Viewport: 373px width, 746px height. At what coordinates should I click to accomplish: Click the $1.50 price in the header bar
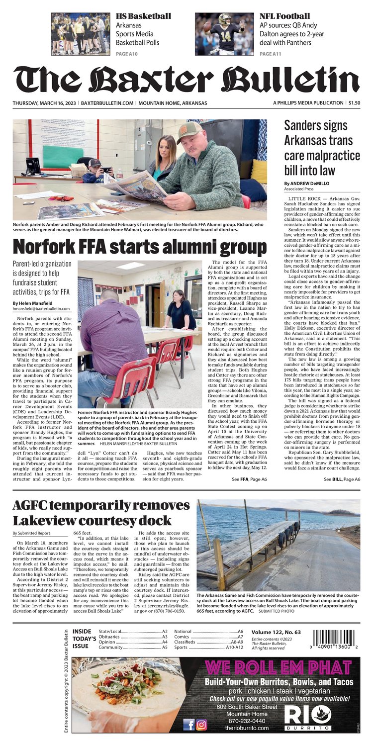coord(354,103)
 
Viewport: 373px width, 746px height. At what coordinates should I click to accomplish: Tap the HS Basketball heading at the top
coord(143,16)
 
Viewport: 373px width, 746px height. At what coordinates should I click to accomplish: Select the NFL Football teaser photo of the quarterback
coord(224,34)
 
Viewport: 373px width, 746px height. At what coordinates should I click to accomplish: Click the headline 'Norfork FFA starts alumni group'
coord(140,247)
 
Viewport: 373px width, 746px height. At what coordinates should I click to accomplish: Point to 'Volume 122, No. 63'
coord(279,632)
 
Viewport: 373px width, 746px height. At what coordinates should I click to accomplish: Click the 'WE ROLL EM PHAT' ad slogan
coord(278,667)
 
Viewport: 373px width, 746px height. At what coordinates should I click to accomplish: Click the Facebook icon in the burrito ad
coord(189,724)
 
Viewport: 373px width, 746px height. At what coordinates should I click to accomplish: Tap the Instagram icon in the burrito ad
coord(201,724)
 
